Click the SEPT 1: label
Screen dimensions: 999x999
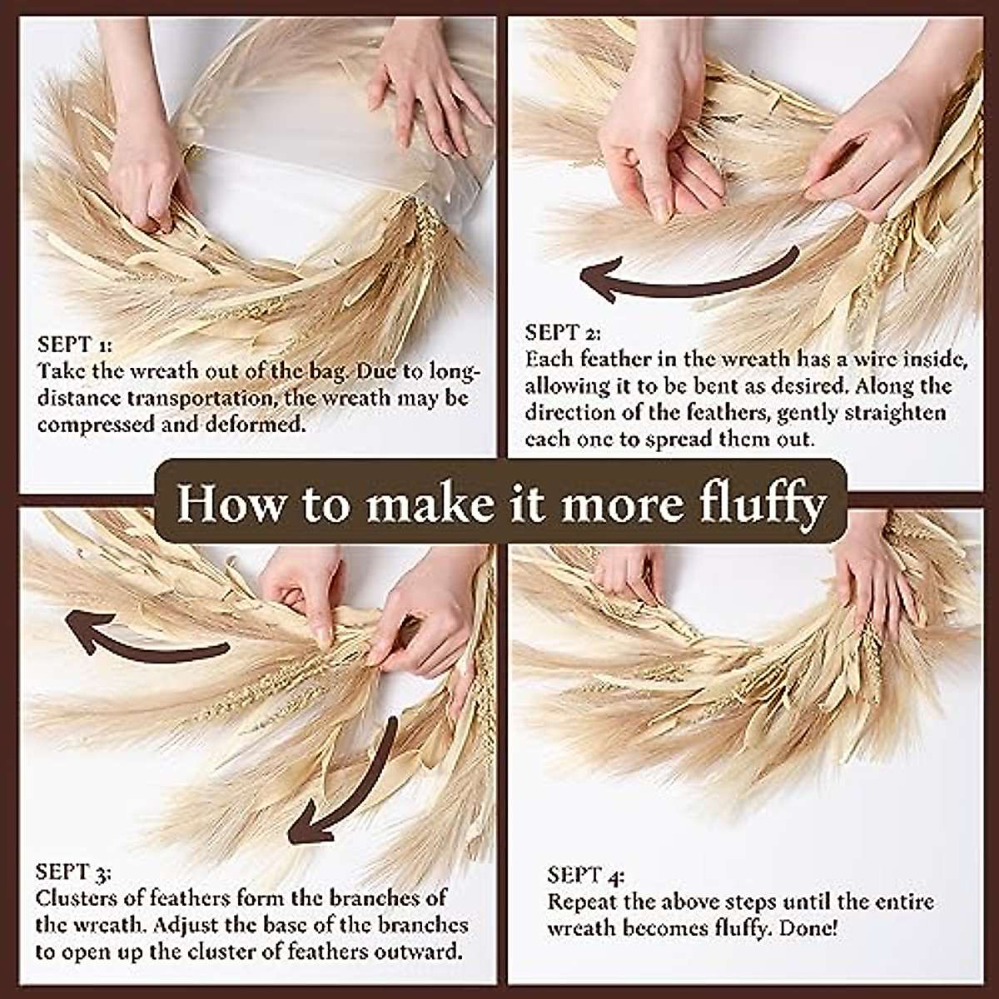click(x=75, y=344)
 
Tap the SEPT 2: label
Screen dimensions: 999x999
click(x=562, y=333)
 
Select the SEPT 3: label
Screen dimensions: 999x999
click(x=73, y=872)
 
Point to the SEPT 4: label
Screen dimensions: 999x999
click(x=585, y=875)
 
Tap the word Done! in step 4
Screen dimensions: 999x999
click(x=808, y=928)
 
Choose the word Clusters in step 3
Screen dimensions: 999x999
click(x=77, y=898)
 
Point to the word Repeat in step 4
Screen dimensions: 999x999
click(x=584, y=902)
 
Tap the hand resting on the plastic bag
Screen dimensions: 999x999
click(x=425, y=83)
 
